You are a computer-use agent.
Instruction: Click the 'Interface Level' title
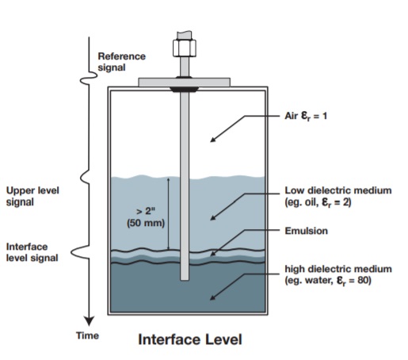(x=190, y=339)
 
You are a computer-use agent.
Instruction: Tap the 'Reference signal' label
(x=121, y=62)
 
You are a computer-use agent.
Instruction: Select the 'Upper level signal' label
(x=32, y=196)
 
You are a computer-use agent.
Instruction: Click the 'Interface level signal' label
(x=32, y=252)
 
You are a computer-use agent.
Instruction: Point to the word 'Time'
(x=87, y=335)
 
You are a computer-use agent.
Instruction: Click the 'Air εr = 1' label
(x=306, y=116)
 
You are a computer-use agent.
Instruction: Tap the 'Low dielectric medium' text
(x=338, y=190)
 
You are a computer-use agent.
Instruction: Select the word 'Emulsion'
(x=306, y=231)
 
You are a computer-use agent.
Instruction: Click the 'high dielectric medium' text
(x=338, y=269)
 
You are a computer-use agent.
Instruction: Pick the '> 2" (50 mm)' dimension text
(x=146, y=217)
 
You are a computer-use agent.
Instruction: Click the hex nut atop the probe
(x=185, y=48)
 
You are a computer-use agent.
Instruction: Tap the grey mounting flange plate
(x=184, y=82)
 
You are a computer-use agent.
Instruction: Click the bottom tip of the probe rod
(x=185, y=280)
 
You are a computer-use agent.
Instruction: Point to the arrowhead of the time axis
(x=89, y=320)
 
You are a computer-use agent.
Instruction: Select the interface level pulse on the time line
(x=81, y=252)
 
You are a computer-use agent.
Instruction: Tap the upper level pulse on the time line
(x=85, y=177)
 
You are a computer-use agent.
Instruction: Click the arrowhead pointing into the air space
(x=212, y=140)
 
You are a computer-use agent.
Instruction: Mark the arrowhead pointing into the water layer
(x=212, y=297)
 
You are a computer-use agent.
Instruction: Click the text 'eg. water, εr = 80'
(x=328, y=281)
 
